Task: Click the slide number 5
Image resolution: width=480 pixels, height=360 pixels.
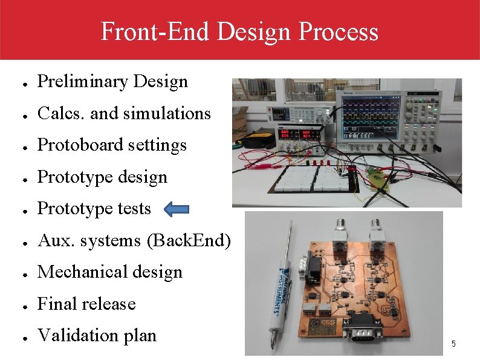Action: click(453, 344)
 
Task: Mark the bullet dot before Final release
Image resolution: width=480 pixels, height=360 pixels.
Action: click(22, 305)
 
